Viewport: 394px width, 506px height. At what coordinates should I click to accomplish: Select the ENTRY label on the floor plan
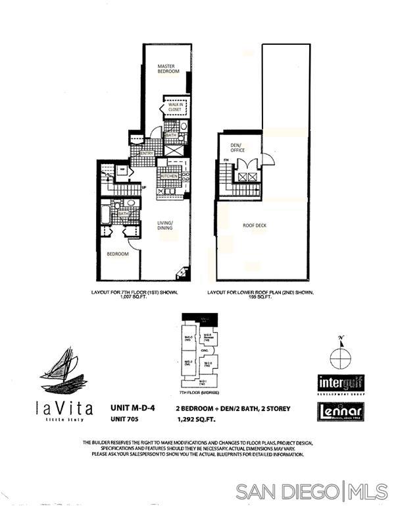point(147,154)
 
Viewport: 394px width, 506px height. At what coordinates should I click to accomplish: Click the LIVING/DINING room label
point(165,227)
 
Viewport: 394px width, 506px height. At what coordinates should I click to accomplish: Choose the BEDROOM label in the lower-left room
point(119,252)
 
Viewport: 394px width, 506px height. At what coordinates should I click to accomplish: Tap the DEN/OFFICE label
point(237,147)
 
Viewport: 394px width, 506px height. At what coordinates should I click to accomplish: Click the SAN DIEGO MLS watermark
point(311,491)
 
